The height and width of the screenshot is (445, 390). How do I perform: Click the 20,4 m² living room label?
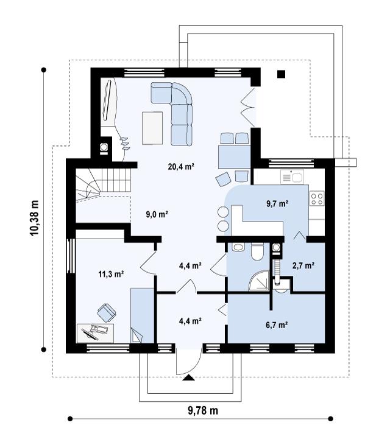[x=181, y=166]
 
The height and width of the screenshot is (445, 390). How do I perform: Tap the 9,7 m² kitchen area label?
[x=277, y=203]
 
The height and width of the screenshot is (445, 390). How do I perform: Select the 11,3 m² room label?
[x=111, y=274]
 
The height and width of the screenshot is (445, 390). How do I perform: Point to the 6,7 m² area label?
[x=277, y=324]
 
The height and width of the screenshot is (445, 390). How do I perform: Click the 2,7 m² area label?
[x=303, y=265]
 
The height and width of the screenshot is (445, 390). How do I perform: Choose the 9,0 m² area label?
[x=157, y=214]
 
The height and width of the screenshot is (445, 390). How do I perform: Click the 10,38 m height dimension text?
[x=34, y=218]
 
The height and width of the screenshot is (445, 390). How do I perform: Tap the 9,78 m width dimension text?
[x=203, y=411]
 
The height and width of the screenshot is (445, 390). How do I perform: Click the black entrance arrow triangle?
[x=189, y=377]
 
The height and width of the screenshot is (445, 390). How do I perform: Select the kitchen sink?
[x=292, y=177]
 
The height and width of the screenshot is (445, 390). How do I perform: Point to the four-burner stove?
[x=317, y=198]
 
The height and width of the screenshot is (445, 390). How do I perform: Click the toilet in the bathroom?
[x=258, y=252]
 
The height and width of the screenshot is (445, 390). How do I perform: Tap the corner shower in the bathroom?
[x=258, y=281]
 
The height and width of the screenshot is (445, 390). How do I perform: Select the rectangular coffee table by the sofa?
[x=152, y=128]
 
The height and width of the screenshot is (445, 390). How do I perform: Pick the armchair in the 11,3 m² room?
[x=107, y=312]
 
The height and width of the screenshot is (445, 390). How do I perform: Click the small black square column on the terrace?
[x=281, y=74]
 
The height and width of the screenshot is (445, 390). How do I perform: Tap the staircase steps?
[x=103, y=184]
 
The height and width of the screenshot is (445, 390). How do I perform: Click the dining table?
[x=234, y=156]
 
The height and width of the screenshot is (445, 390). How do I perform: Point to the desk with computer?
[x=96, y=333]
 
